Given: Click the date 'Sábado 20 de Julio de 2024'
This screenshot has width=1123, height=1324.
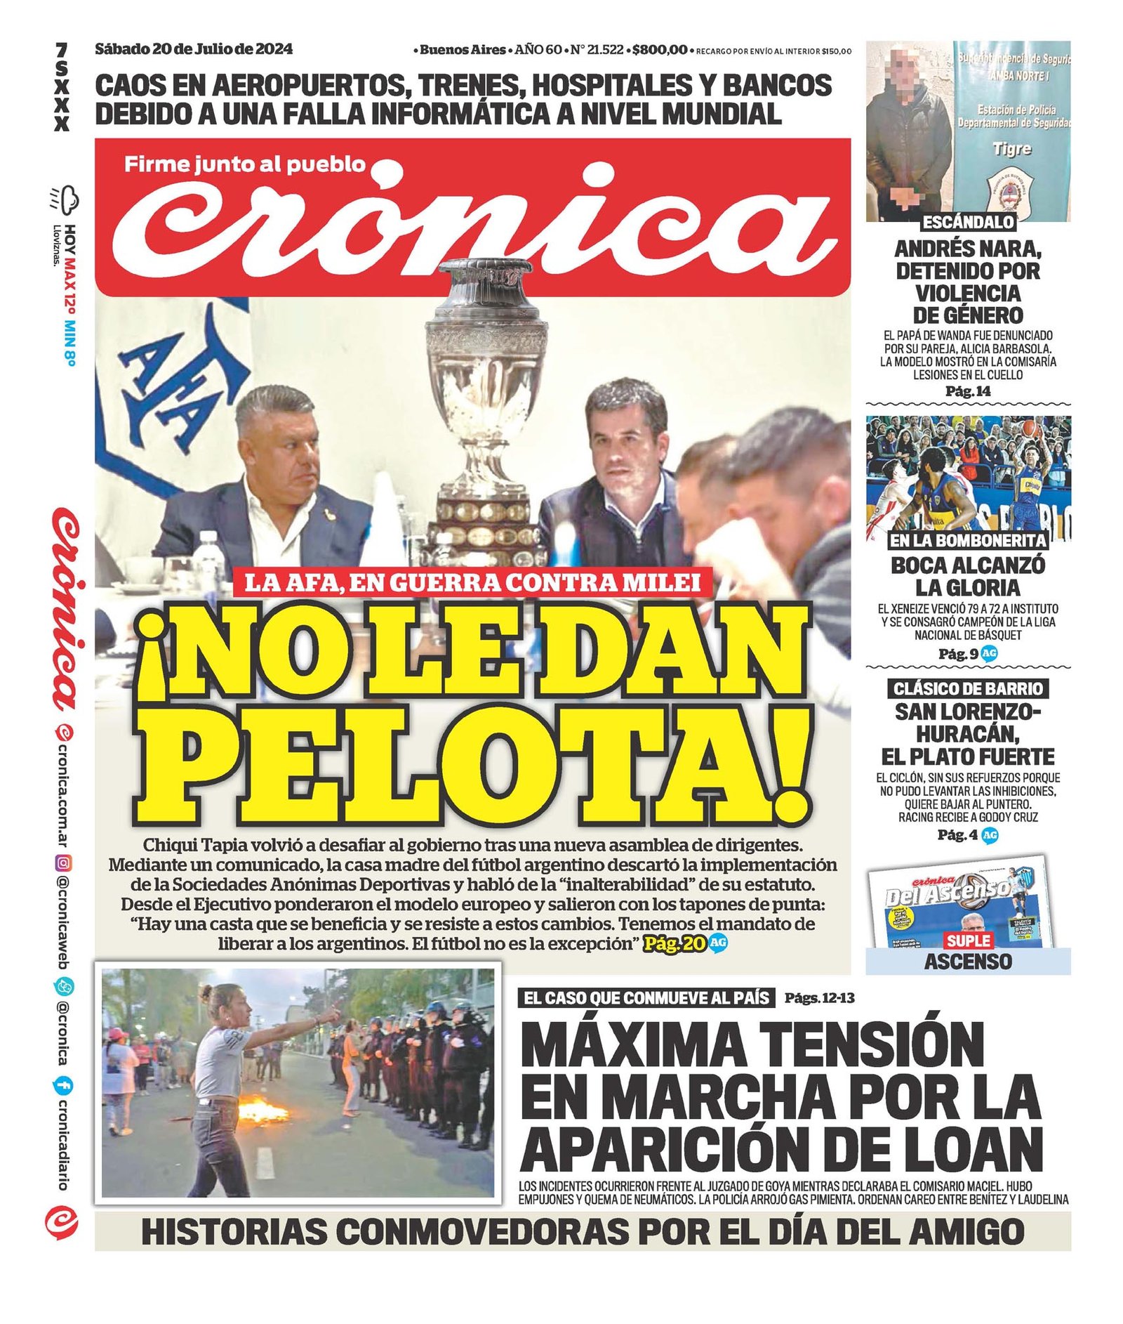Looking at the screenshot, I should [x=194, y=49].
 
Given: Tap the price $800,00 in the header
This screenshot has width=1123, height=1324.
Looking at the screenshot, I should [x=659, y=50].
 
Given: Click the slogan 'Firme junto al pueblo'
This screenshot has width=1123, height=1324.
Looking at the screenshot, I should [x=245, y=164].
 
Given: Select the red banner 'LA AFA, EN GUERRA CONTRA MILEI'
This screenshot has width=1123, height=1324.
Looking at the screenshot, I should [x=472, y=582].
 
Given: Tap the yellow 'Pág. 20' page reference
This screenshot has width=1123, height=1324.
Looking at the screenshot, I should [x=675, y=943].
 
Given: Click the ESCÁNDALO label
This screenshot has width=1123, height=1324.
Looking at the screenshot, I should [x=968, y=223].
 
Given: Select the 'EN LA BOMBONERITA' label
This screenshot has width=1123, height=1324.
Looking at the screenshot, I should [x=968, y=540].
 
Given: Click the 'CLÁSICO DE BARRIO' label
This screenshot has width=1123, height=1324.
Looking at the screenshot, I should [x=968, y=688].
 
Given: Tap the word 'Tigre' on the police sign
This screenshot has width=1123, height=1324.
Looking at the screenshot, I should [x=1012, y=148].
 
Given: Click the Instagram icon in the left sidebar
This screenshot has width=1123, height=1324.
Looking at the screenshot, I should [x=62, y=863].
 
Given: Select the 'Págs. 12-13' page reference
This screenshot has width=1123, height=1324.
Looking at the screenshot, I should [x=819, y=997].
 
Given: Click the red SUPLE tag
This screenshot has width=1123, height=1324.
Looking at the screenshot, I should [x=968, y=940].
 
